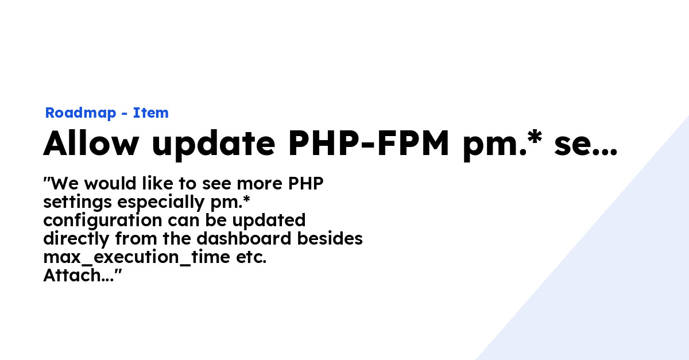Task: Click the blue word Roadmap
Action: coord(80,113)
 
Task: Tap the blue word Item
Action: coord(150,113)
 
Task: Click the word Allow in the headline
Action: coord(91,143)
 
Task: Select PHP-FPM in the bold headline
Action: coord(369,143)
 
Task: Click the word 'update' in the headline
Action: coord(214,145)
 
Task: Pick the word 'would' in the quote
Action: coord(110,183)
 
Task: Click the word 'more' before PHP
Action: coord(260,184)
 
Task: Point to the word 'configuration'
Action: coord(103,221)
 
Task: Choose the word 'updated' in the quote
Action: coord(269,221)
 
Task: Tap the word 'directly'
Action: coord(76,239)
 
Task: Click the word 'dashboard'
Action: coord(244,238)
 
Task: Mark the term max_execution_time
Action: coord(137,258)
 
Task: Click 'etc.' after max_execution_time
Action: coord(251,258)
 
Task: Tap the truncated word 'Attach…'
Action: coord(79,276)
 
